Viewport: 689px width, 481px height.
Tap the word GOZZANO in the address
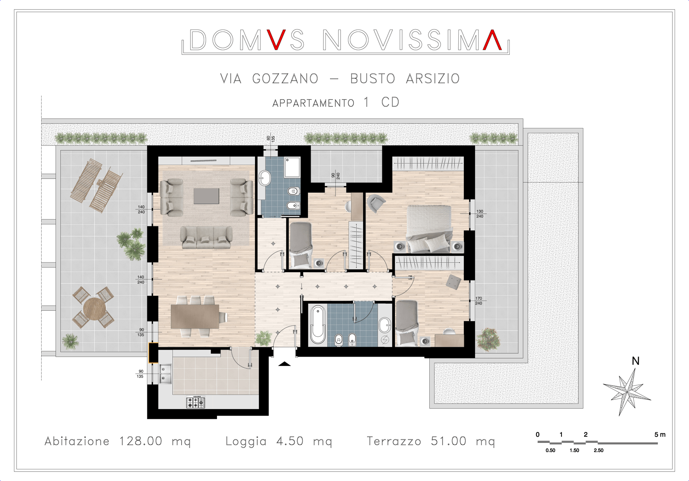(x=285, y=79)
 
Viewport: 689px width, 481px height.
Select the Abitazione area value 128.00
(x=141, y=441)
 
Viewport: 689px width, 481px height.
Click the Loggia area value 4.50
(x=290, y=441)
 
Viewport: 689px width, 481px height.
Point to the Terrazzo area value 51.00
(x=449, y=441)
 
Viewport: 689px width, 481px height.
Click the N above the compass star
(x=636, y=361)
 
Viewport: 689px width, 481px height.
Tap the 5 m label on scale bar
(x=660, y=434)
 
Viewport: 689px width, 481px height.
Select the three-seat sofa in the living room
(x=206, y=237)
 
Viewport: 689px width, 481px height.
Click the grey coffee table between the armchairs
(x=206, y=196)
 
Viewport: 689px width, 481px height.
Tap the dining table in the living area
(x=195, y=316)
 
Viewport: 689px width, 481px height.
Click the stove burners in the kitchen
(x=196, y=402)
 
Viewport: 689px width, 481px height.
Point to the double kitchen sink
(x=166, y=373)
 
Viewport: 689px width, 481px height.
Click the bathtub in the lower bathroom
(x=318, y=324)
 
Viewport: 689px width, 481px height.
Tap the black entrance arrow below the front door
(x=285, y=364)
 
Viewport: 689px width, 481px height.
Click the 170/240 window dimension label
(x=479, y=301)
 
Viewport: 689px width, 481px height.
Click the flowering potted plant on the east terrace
(x=488, y=339)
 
